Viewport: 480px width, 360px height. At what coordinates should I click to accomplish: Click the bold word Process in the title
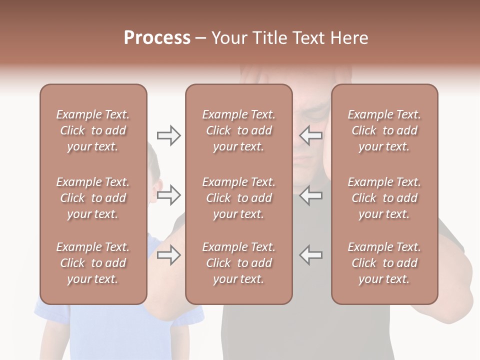coord(157,38)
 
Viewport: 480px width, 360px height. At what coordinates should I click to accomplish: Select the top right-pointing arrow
coord(169,135)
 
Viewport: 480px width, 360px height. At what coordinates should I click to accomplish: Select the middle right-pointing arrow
coord(169,195)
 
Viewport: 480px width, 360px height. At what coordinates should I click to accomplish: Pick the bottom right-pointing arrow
coord(169,255)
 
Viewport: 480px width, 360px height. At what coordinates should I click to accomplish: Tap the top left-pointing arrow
coord(310,135)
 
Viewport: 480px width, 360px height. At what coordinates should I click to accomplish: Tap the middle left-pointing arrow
coord(310,195)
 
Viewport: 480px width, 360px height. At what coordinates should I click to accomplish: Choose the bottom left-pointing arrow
coord(310,255)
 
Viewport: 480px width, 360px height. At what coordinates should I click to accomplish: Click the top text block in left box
coord(93,130)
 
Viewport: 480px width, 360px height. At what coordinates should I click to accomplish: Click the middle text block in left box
coord(93,198)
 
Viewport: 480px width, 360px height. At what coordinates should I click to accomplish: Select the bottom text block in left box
coord(93,263)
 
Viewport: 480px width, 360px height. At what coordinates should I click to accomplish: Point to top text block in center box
coord(238,130)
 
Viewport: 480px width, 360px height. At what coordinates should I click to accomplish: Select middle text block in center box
coord(238,198)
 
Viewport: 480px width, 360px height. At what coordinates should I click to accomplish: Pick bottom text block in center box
coord(238,263)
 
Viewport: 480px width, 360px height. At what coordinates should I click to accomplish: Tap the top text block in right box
coord(384,130)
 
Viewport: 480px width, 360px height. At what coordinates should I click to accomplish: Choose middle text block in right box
coord(384,198)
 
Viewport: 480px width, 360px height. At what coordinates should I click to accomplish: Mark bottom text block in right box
coord(384,263)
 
